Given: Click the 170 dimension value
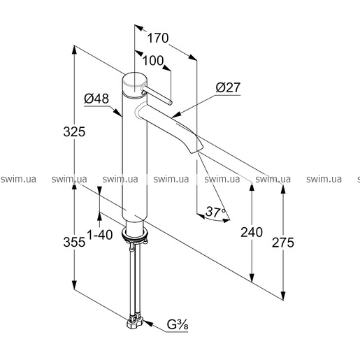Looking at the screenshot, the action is coord(158,38).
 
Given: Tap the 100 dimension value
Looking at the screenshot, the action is coord(153,61).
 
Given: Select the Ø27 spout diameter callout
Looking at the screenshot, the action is coord(228,87).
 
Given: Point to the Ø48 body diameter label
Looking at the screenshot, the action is coord(96,99).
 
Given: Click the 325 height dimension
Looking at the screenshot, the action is coord(74,132).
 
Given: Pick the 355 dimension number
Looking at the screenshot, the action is coord(74,242).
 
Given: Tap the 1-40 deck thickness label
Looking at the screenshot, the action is coord(100,235).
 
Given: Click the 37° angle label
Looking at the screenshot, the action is coord(216,212).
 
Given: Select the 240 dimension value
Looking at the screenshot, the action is coord(252,232).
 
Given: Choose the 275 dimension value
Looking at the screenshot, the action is coord(283,243).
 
